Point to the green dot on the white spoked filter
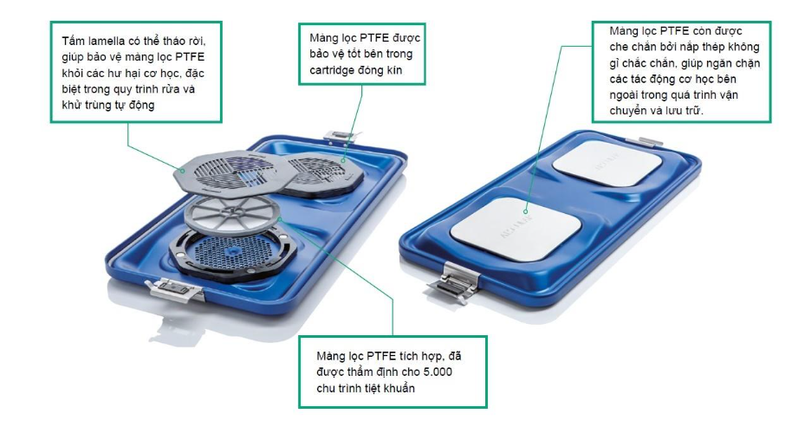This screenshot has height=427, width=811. pyautogui.click(x=279, y=220)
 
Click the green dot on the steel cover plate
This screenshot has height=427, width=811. pyautogui.click(x=525, y=211)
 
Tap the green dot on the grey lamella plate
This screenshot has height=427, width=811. pyautogui.click(x=182, y=171)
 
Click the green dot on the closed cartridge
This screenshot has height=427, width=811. pyautogui.click(x=344, y=159)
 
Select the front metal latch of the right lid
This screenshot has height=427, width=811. pyautogui.click(x=456, y=282)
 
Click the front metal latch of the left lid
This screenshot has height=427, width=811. pyautogui.click(x=175, y=288)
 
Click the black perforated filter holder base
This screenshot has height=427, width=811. pyautogui.click(x=233, y=255)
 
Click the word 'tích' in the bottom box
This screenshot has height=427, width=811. pyautogui.click(x=410, y=356)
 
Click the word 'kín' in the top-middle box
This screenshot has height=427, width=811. pyautogui.click(x=393, y=70)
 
